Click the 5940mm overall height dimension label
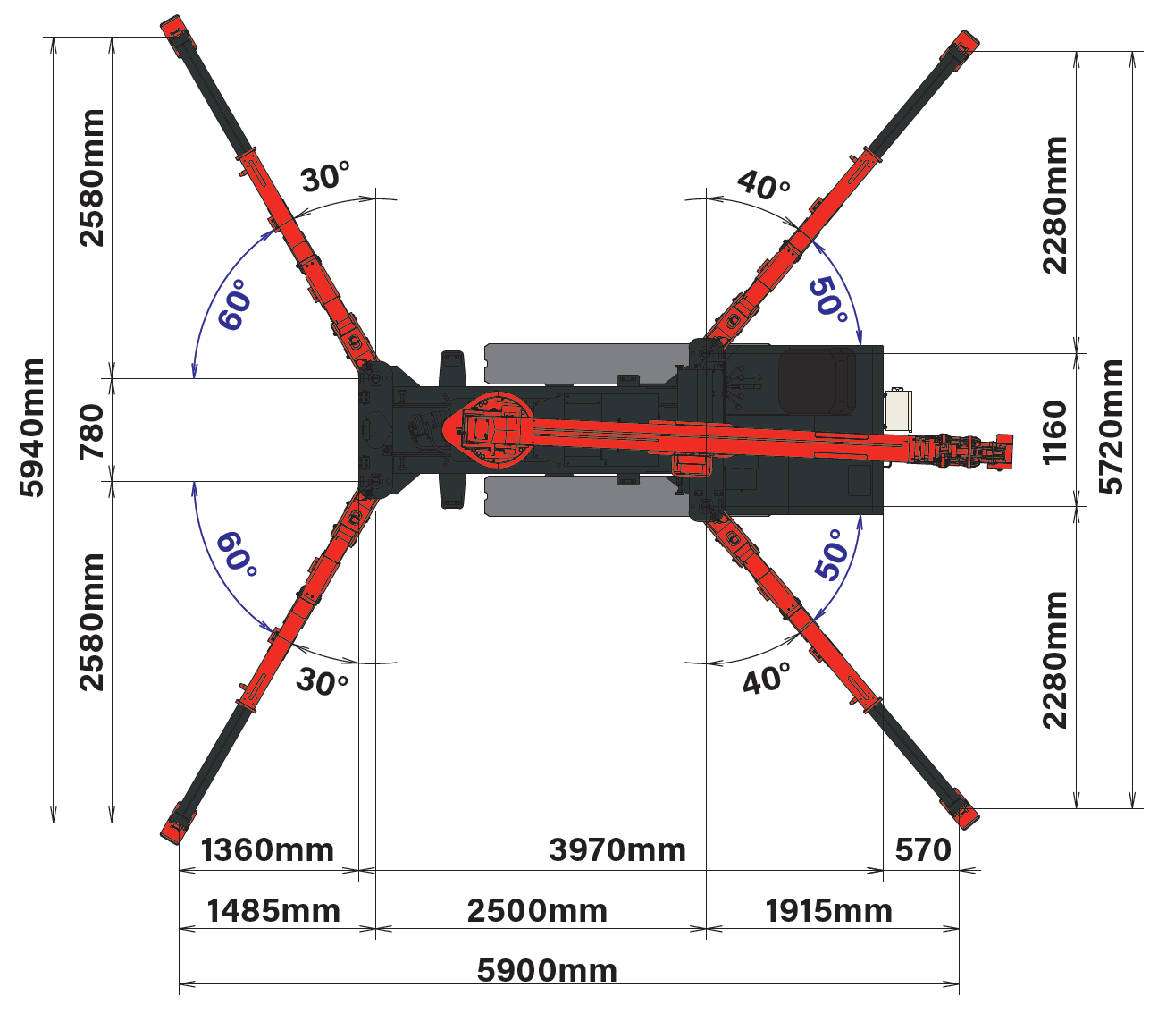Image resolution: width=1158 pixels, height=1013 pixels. pyautogui.click(x=31, y=428)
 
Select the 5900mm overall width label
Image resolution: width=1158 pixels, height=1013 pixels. pyautogui.click(x=547, y=971)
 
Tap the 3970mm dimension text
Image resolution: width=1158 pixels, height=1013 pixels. pyautogui.click(x=617, y=850)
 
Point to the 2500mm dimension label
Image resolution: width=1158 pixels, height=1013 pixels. pyautogui.click(x=537, y=910)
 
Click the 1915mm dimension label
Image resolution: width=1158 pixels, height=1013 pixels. pyautogui.click(x=828, y=910)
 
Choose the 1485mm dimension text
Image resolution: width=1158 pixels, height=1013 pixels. pyautogui.click(x=273, y=910)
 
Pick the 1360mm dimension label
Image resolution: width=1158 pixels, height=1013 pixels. pyautogui.click(x=267, y=850)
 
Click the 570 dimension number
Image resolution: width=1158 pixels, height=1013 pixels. pyautogui.click(x=922, y=850)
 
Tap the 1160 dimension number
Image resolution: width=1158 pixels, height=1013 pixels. pyautogui.click(x=1053, y=432)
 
